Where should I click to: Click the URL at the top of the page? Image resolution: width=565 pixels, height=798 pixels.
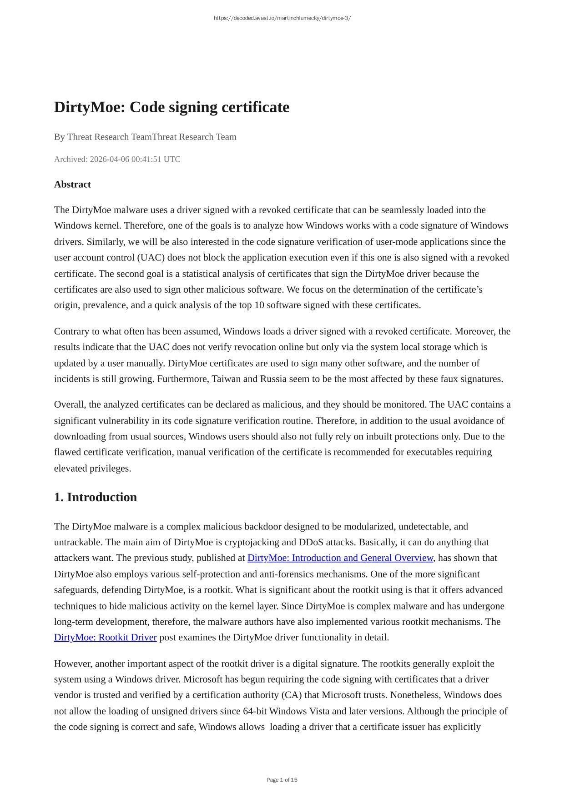282,18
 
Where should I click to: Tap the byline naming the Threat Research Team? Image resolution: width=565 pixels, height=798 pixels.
145,137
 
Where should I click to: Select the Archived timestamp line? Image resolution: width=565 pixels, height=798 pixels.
117,159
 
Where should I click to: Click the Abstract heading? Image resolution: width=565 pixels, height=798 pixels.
72,184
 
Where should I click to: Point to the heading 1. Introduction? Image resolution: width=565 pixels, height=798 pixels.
95,497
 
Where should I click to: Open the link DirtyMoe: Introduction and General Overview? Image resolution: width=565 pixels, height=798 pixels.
340,558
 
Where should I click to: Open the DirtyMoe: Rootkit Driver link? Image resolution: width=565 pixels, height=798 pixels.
105,637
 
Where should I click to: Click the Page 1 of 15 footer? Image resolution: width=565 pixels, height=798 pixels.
282,780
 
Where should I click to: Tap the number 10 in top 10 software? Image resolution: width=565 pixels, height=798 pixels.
259,305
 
